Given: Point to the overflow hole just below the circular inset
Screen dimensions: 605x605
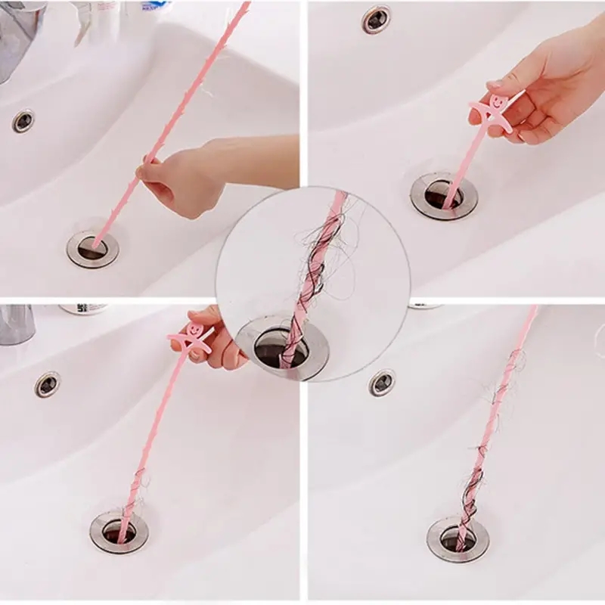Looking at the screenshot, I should pyautogui.click(x=382, y=383).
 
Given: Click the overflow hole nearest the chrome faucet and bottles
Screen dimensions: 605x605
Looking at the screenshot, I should pyautogui.click(x=23, y=119).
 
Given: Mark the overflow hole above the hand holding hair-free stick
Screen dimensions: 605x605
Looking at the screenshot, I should pyautogui.click(x=376, y=19).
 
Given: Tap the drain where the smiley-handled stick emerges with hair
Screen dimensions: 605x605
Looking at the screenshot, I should pyautogui.click(x=119, y=530).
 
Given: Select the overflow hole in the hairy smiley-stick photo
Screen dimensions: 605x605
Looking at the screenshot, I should pyautogui.click(x=47, y=384).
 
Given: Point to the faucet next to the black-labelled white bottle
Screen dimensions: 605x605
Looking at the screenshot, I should pyautogui.click(x=17, y=324).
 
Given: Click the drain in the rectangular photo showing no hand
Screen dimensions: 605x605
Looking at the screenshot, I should pyautogui.click(x=458, y=538).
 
